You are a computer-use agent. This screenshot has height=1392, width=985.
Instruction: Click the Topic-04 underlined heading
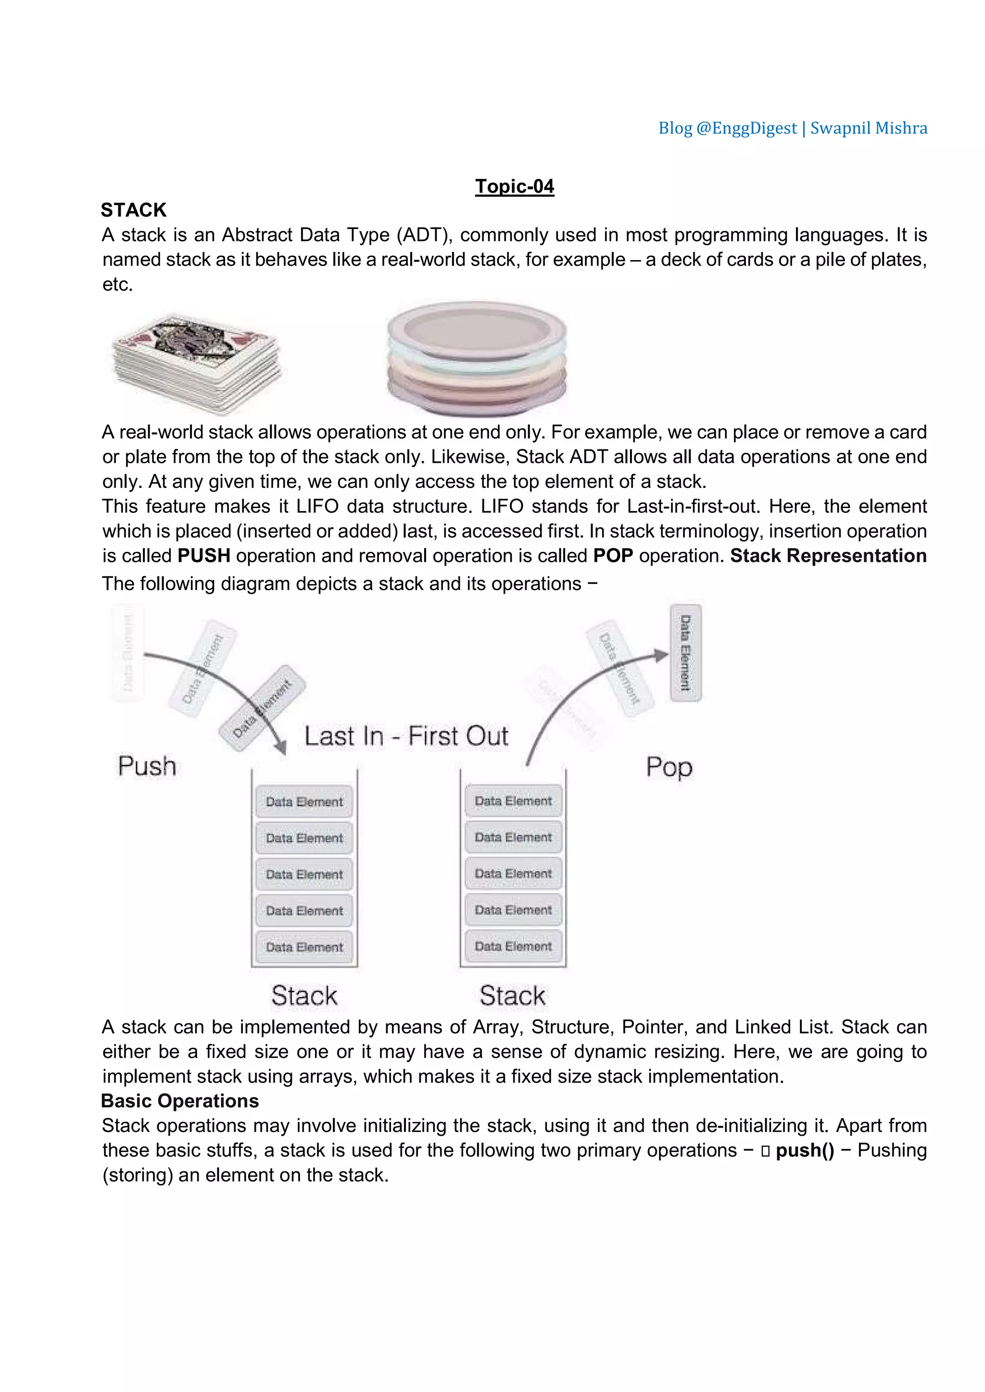pos(514,186)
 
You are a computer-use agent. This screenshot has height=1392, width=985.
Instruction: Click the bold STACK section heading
pos(133,210)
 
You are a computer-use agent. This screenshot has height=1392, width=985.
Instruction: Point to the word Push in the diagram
pos(147,766)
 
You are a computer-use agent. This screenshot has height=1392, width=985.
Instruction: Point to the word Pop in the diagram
pos(669,768)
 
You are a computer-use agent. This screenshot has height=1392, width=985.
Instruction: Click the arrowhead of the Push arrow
pos(280,746)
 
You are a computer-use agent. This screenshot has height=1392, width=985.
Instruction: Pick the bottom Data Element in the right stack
pos(513,946)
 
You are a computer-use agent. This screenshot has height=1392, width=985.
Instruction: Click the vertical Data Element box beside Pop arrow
pos(685,653)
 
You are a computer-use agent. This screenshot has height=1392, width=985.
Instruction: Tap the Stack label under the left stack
pos(304,996)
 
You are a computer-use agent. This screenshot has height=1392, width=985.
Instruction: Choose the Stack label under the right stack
pos(513,996)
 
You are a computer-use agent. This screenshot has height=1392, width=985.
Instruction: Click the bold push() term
pos(805,1151)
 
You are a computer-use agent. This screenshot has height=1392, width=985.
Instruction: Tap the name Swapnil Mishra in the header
pos(869,128)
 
